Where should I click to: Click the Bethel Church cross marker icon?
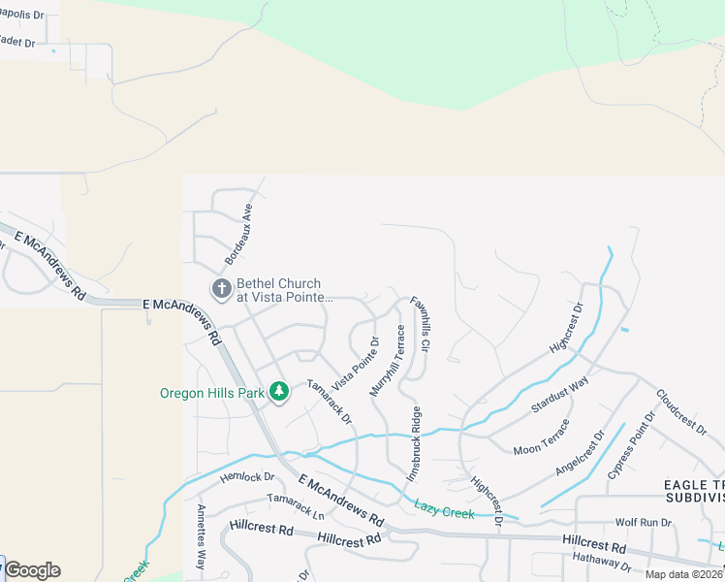tap(221, 288)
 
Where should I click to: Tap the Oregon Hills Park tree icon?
tap(279, 392)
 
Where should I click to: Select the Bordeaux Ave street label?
tap(238, 235)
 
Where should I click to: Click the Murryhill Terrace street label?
tap(387, 360)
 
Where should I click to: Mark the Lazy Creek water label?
tap(444, 507)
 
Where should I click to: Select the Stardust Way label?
tap(560, 396)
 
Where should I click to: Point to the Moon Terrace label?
tap(541, 437)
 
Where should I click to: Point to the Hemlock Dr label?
tap(249, 476)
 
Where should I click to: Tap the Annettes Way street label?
tap(202, 536)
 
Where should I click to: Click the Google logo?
tap(32, 570)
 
